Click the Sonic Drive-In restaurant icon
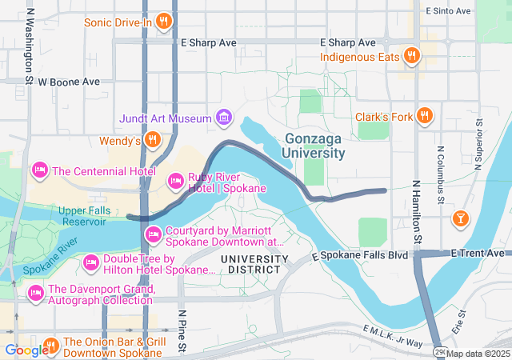163,22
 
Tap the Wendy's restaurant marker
153,142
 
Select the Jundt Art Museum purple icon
224,119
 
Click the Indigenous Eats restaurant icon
412,56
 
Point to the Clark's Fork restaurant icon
425,117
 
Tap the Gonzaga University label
314,146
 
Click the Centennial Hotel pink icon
39,170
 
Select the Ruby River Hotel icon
175,182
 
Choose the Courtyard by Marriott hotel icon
153,234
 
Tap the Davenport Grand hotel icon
36,294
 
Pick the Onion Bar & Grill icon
51,346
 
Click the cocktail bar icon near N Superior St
461,218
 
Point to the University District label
254,264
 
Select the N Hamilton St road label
417,212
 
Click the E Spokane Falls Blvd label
359,254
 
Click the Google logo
26,350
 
